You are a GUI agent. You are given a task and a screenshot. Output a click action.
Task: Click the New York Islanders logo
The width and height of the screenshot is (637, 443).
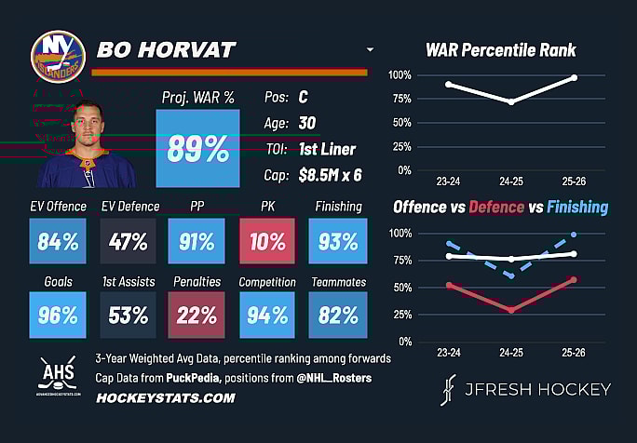click(x=58, y=57)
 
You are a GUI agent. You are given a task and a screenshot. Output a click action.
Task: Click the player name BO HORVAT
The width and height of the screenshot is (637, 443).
click(x=168, y=49)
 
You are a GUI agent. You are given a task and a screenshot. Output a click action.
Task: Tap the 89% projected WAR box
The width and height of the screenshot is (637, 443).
click(x=197, y=148)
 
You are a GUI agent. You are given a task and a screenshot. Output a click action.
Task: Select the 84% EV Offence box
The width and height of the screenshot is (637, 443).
click(x=57, y=241)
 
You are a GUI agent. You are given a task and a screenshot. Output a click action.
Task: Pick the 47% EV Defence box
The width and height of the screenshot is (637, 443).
click(x=128, y=241)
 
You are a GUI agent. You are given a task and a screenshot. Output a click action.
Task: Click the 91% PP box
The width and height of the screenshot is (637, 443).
click(x=197, y=241)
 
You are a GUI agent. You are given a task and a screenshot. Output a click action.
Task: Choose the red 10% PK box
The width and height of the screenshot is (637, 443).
click(x=267, y=241)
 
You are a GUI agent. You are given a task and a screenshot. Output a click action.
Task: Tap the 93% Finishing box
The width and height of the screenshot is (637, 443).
click(x=338, y=241)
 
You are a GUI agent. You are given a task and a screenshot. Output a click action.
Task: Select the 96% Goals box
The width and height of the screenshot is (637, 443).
click(x=57, y=315)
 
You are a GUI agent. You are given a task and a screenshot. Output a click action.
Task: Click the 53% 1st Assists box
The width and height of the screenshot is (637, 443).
click(x=128, y=315)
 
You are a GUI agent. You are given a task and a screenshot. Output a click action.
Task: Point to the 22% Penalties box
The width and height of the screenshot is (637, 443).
click(x=197, y=315)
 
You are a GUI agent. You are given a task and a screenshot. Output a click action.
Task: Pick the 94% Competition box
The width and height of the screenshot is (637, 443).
click(x=267, y=315)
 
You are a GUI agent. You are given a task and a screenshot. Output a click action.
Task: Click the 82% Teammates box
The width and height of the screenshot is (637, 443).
click(x=338, y=315)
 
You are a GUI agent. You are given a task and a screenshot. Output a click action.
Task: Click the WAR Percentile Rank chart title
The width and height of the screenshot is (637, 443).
click(x=501, y=50)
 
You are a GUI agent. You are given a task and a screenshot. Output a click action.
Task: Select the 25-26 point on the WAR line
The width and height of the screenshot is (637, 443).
click(x=574, y=77)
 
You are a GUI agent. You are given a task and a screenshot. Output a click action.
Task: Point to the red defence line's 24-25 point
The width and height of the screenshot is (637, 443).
click(x=511, y=310)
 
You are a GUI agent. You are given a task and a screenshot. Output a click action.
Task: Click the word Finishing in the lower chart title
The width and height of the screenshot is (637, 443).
click(x=577, y=207)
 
